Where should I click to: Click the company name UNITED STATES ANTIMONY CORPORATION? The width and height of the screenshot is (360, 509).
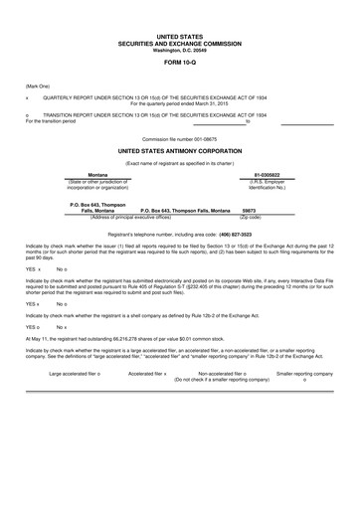pyautogui.click(x=180, y=151)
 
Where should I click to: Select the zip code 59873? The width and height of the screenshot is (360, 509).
pyautogui.click(x=249, y=211)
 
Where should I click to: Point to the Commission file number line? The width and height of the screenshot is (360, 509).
pyautogui.click(x=180, y=138)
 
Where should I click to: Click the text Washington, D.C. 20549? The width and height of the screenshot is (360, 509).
pyautogui.click(x=180, y=50)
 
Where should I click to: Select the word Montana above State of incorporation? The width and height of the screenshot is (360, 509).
pyautogui.click(x=97, y=174)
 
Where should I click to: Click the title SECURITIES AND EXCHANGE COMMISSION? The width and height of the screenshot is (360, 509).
pyautogui.click(x=180, y=43)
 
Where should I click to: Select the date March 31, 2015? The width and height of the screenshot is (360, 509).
pyautogui.click(x=219, y=104)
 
